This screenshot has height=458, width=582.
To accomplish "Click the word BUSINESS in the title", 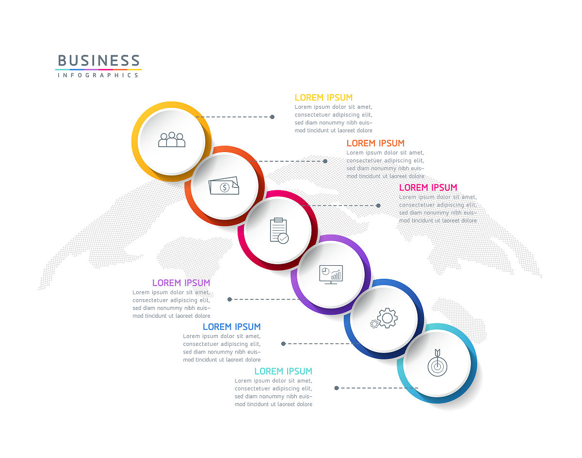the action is [x=98, y=60].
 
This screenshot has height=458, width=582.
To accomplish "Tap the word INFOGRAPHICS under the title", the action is [x=98, y=75].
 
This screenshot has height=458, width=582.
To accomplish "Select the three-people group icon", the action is [x=171, y=139].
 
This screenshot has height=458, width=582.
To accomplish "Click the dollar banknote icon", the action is [x=224, y=186].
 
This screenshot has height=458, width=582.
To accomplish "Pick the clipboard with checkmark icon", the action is [x=279, y=231].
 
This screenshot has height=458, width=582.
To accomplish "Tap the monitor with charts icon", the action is [x=331, y=274].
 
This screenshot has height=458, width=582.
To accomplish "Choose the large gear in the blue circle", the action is [x=388, y=318].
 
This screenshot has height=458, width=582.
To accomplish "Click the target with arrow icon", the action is [x=437, y=363].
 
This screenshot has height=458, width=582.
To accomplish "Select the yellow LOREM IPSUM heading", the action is [x=323, y=98].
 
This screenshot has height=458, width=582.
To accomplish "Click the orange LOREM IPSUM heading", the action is [x=375, y=143].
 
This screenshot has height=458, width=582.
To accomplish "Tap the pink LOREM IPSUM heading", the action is [x=428, y=187].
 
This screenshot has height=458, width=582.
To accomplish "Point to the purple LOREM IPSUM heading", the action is [x=181, y=283].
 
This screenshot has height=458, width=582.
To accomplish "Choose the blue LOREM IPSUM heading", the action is [x=231, y=326].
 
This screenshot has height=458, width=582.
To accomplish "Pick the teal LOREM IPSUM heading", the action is [x=283, y=371].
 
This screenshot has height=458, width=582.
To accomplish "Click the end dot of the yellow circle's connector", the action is [x=272, y=117].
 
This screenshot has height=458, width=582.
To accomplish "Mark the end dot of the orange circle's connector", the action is [x=325, y=161].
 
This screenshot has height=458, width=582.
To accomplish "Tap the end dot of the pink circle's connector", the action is [x=378, y=205].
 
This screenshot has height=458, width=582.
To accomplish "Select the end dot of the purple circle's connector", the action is [x=229, y=300].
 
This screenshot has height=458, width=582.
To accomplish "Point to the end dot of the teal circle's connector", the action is [x=337, y=388].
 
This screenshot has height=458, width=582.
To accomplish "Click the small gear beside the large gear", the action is [x=374, y=324].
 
